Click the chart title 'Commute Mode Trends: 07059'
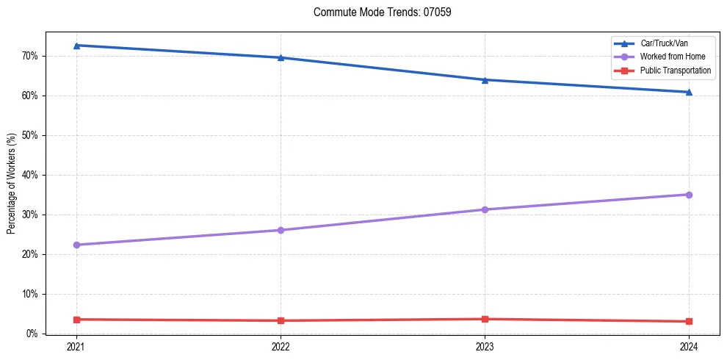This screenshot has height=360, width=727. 377,12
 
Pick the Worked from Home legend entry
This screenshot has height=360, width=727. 673,57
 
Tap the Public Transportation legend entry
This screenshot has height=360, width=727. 676,71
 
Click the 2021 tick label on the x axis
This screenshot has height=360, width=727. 76,346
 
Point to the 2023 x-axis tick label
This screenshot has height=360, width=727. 485,346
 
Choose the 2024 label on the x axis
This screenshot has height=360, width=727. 689,346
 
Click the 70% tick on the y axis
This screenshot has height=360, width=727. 30,56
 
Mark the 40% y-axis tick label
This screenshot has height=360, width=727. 30,175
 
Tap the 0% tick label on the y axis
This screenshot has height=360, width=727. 32,334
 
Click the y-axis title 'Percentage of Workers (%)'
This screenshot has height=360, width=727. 12,183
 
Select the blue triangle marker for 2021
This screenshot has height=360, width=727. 76,46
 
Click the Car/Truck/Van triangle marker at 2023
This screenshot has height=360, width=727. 485,80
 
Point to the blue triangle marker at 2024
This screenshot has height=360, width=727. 689,92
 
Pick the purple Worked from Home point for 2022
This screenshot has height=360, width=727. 281,230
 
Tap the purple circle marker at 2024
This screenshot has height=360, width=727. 689,195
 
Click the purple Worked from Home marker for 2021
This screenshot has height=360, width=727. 76,245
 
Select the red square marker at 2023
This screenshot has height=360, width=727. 485,319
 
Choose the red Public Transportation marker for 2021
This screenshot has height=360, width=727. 76,320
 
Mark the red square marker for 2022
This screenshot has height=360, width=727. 281,320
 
